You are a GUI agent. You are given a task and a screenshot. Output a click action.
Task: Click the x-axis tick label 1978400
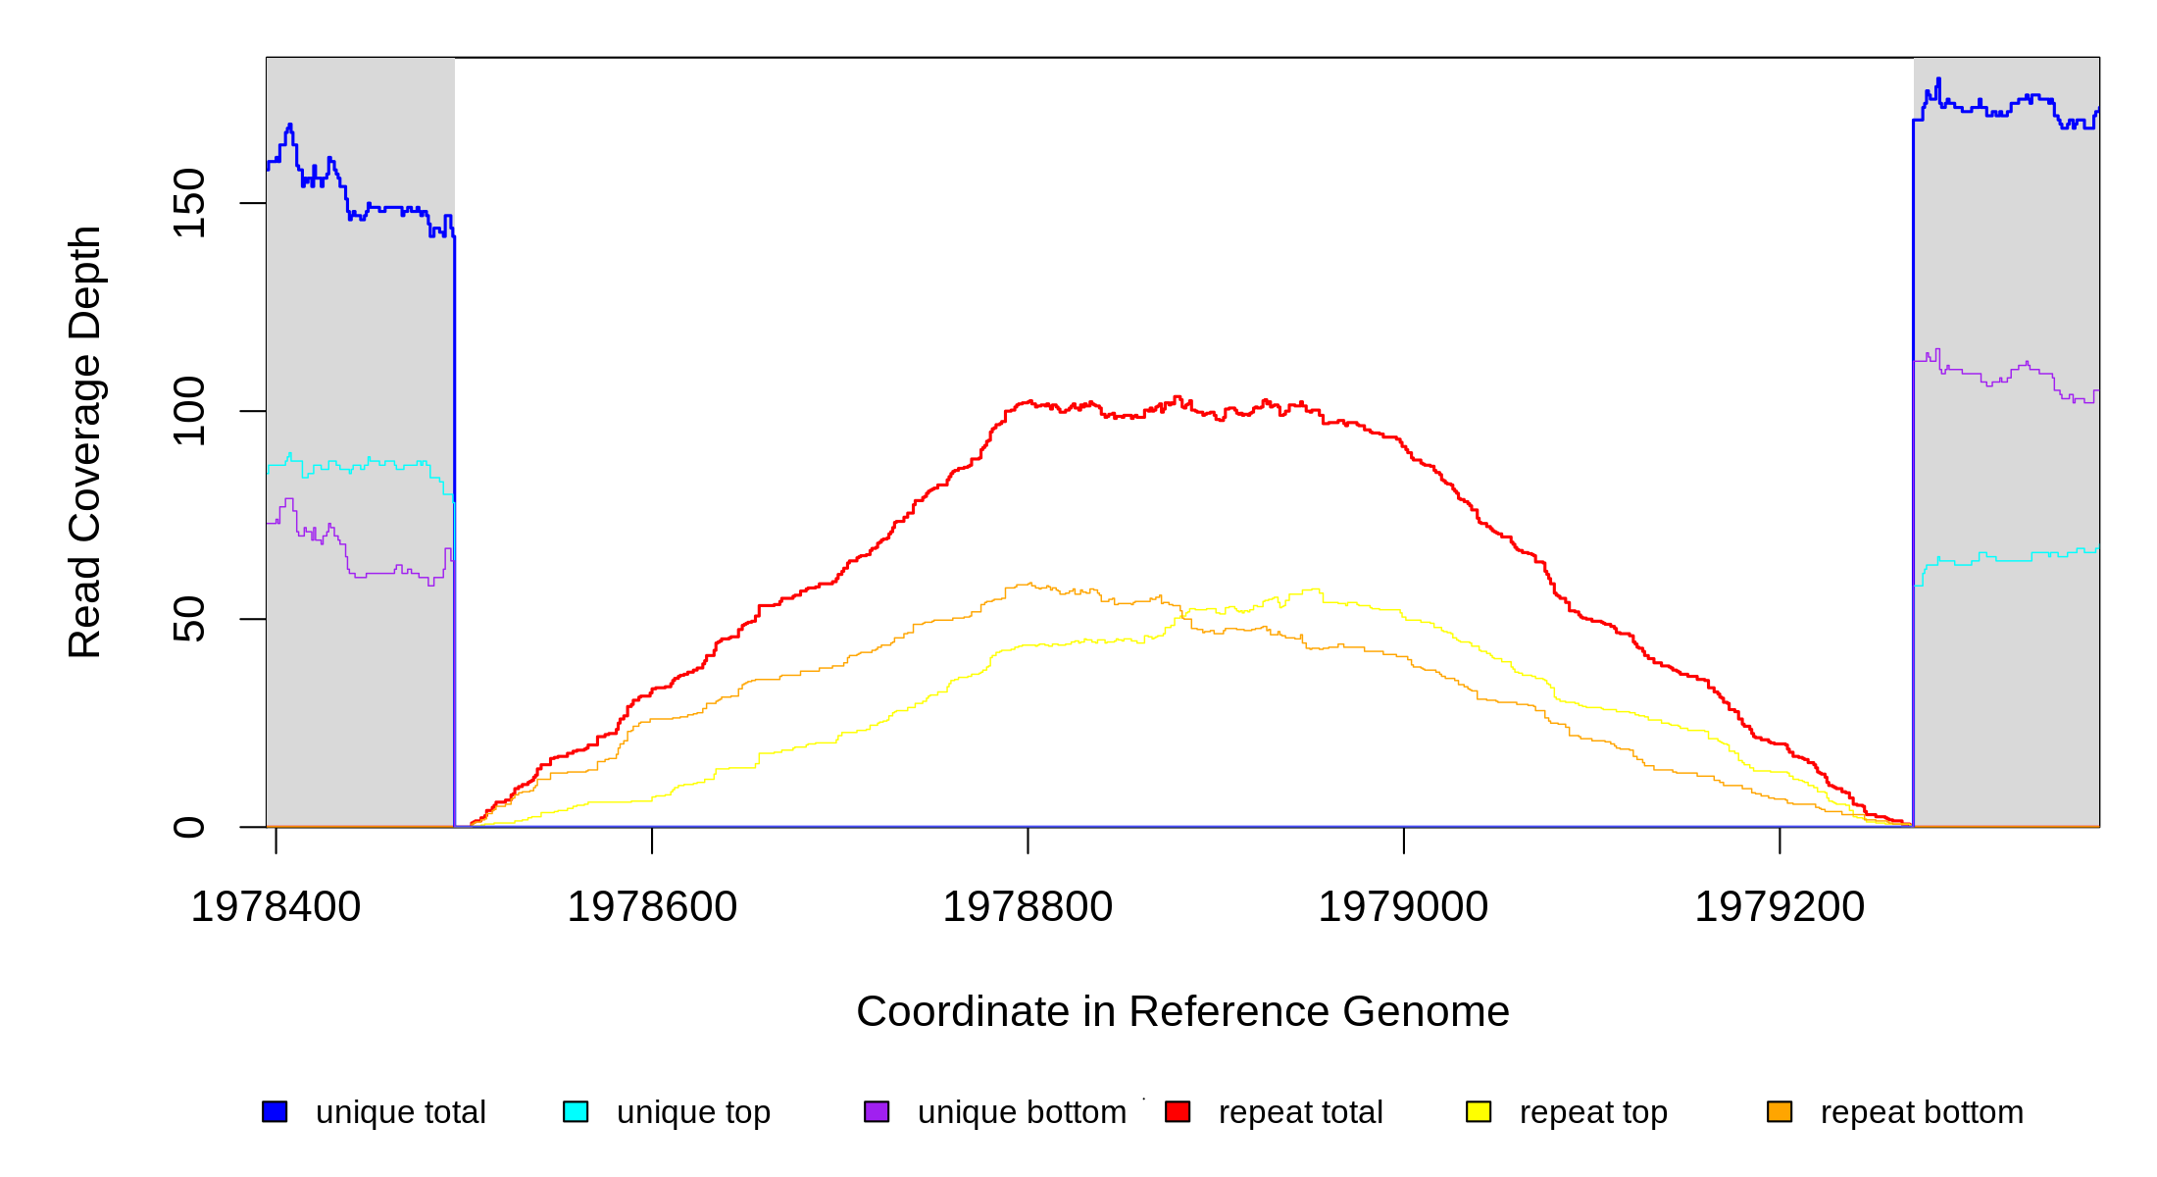click(x=276, y=907)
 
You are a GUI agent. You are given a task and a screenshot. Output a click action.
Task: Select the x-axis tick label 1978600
click(x=652, y=907)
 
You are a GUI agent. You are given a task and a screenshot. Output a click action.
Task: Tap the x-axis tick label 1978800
click(x=1028, y=907)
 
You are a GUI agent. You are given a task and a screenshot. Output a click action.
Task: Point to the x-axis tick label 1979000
click(x=1403, y=907)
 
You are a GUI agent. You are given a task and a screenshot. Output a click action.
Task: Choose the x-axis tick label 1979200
click(x=1780, y=907)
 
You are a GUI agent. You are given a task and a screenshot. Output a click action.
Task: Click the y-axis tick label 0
click(x=189, y=827)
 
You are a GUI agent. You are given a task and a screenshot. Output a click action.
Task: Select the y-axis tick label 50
click(x=189, y=619)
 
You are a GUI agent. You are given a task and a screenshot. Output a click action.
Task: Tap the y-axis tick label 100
click(x=189, y=411)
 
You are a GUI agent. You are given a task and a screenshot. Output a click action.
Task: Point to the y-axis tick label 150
click(x=189, y=203)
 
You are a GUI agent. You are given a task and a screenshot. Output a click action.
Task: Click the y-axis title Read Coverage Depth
click(x=85, y=441)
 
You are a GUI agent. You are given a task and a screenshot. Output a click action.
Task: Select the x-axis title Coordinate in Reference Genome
click(x=1182, y=1011)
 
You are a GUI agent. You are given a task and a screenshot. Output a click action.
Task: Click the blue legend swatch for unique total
click(x=275, y=1111)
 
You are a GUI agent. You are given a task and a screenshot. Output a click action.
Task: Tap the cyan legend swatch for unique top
click(x=576, y=1111)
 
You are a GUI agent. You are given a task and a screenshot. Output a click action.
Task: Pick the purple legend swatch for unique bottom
click(x=877, y=1111)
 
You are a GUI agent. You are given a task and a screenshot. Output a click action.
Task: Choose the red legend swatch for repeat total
click(x=1178, y=1111)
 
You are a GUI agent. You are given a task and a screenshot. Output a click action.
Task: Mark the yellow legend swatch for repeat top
click(x=1479, y=1111)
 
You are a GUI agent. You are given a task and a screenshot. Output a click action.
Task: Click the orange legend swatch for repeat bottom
click(x=1780, y=1111)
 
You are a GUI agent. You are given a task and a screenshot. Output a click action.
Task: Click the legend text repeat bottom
click(x=1922, y=1112)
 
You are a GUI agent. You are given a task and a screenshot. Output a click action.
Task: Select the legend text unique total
click(x=401, y=1112)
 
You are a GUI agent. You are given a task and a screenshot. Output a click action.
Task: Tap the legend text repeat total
click(x=1300, y=1112)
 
